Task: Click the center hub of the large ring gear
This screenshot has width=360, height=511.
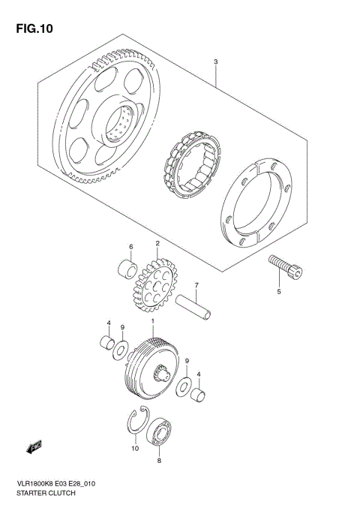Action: (x=122, y=119)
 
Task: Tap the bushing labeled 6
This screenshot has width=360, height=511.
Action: (x=127, y=269)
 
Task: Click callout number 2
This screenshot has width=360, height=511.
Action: (x=158, y=243)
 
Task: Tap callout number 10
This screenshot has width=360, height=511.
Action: (x=135, y=449)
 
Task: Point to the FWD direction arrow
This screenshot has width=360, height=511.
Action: (x=34, y=449)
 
